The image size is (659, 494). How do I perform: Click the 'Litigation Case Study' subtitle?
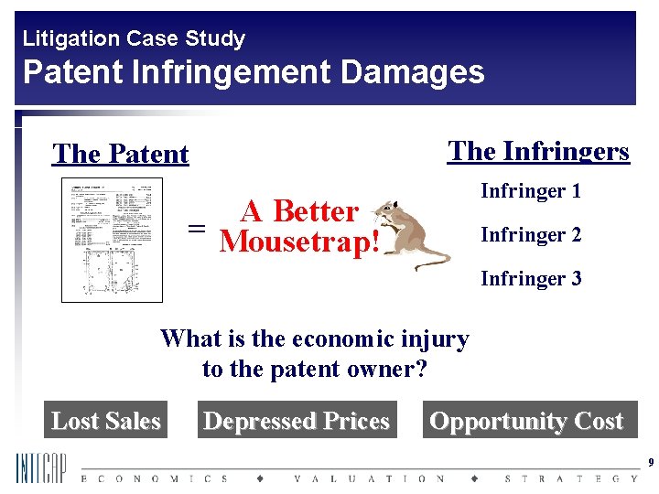134,38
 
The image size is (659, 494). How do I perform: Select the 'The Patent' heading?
121,154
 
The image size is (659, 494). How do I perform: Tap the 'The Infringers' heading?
538,151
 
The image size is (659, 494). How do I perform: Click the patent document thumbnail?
112,240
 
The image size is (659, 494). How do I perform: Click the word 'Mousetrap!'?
298,242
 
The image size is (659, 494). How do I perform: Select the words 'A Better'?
298,211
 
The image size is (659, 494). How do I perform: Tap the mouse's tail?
430,264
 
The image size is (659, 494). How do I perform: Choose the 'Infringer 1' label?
531,191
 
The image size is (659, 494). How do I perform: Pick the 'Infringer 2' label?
531,235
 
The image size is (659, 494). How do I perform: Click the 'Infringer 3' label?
531,278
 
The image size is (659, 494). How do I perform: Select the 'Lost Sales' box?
106,421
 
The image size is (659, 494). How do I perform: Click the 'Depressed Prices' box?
297,421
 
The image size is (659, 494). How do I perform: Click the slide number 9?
650,463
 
